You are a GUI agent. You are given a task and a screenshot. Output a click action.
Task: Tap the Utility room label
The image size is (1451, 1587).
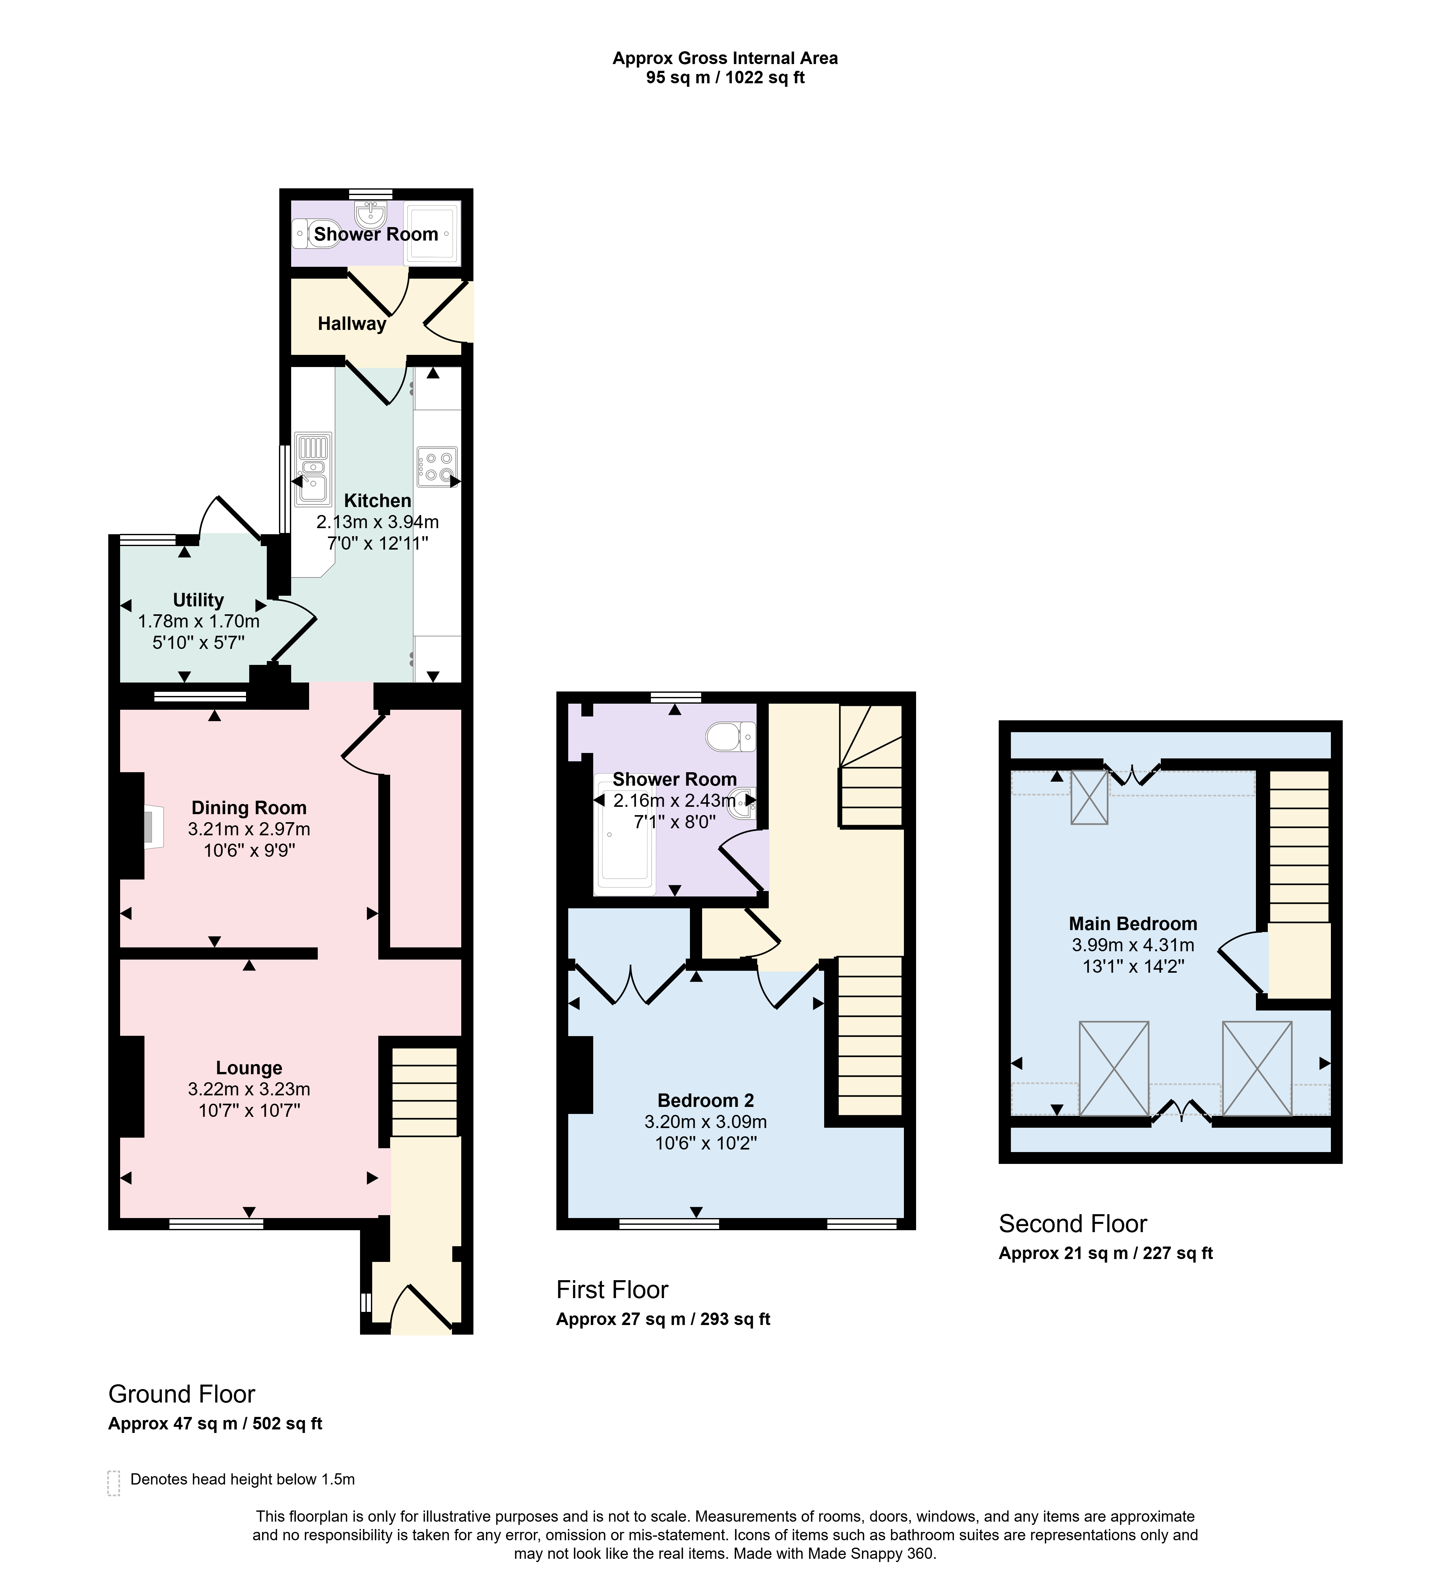click(198, 600)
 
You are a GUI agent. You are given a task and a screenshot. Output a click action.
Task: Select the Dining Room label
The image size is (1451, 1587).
click(249, 808)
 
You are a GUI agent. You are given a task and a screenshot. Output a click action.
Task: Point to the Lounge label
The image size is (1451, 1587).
click(249, 1068)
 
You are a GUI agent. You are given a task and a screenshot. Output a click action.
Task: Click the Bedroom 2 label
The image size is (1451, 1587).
click(705, 1100)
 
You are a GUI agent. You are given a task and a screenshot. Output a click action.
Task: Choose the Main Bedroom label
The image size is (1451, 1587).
click(1133, 923)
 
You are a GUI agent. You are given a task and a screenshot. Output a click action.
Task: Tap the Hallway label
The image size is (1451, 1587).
click(352, 323)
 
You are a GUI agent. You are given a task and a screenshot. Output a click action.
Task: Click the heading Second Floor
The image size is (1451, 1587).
click(1072, 1223)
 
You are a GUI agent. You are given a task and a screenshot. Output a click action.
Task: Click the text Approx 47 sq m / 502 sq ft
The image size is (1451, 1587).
click(215, 1423)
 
